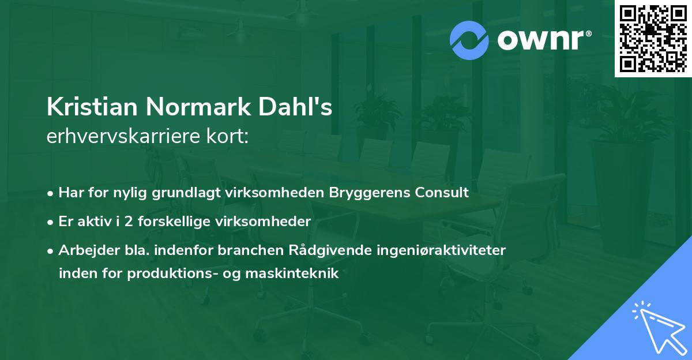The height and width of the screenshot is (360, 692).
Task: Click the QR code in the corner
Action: click(653, 38)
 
